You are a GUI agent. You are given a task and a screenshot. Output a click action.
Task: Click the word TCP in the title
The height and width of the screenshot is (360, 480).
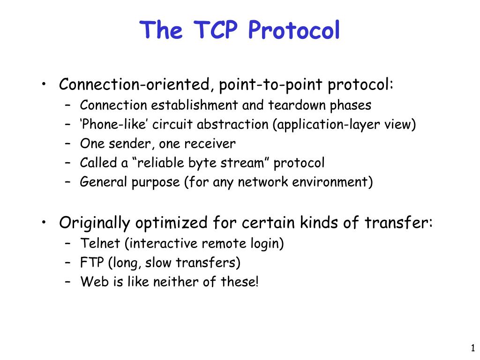(x=216, y=30)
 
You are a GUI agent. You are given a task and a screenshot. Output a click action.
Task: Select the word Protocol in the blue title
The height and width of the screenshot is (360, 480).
(x=294, y=30)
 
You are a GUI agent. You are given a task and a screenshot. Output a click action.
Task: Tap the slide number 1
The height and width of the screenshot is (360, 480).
(x=473, y=348)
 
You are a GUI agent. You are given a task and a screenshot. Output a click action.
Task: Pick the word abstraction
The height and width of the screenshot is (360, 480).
(x=232, y=124)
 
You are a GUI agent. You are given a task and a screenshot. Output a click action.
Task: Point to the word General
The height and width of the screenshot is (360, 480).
(x=103, y=182)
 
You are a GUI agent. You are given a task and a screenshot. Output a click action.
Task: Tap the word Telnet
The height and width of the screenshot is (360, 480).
(x=100, y=243)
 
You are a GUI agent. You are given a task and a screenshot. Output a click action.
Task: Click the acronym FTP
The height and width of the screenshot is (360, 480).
(x=92, y=262)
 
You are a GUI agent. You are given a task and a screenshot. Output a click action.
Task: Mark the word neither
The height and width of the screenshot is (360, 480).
(x=176, y=282)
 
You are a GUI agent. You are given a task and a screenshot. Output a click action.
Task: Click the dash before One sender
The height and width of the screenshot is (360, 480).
(x=67, y=143)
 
